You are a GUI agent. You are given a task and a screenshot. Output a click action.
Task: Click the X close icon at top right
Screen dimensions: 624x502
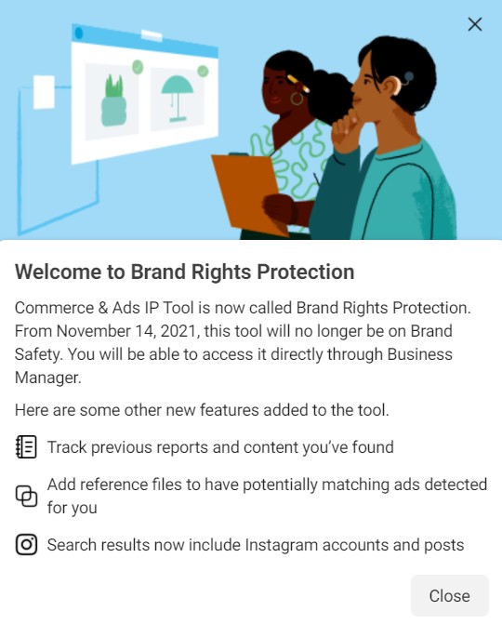475,24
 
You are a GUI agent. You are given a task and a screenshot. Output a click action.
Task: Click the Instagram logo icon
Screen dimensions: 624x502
27,545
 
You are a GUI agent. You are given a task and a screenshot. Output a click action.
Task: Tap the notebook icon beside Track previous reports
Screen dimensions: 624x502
27,447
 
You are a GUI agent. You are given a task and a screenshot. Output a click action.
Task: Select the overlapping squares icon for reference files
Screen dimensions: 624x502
27,496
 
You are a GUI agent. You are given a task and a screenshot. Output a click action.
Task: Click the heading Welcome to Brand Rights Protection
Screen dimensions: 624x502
185,272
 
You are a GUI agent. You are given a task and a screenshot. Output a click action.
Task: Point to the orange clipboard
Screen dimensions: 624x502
249,193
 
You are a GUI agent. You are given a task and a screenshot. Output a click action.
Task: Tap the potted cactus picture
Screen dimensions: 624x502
114,101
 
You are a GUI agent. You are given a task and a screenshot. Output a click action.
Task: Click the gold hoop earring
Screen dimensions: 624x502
297,97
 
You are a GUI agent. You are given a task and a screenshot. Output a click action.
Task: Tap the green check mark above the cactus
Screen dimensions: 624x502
138,67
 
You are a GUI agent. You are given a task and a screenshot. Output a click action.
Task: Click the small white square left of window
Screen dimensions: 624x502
44,91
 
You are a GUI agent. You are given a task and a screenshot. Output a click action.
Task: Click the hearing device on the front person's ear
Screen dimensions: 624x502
406,77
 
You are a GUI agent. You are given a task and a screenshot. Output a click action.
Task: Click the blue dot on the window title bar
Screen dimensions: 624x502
79,33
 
